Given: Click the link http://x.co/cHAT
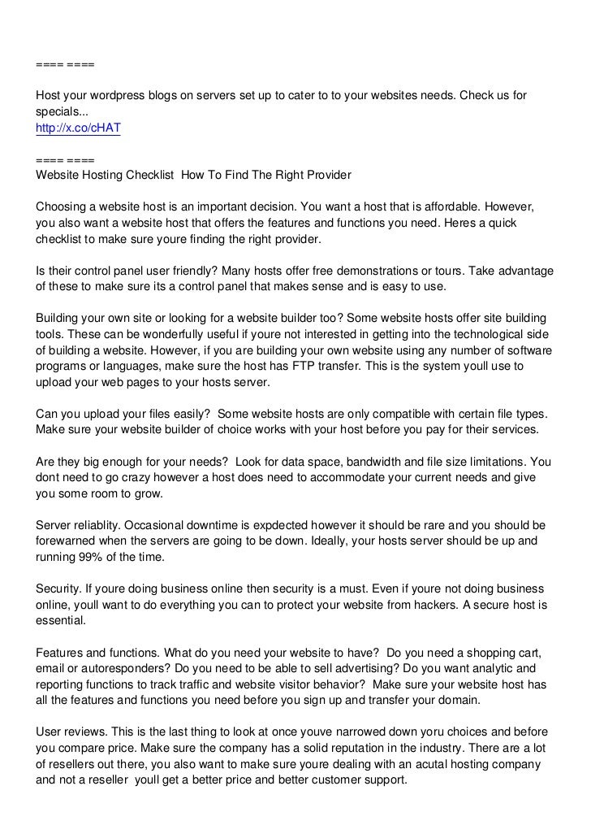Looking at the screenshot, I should pyautogui.click(x=78, y=128).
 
